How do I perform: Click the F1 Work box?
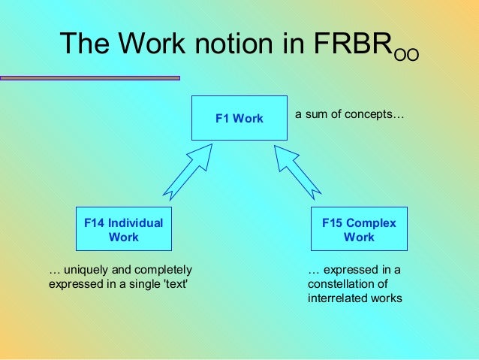[239, 118]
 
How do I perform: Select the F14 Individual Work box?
[124, 229]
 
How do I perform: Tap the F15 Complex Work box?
[359, 229]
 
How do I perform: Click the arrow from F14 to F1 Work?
[187, 174]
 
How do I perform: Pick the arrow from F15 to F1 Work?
[299, 174]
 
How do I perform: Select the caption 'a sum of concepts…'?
[349, 115]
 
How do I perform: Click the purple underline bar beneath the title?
[90, 77]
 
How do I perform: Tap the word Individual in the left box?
[135, 223]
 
